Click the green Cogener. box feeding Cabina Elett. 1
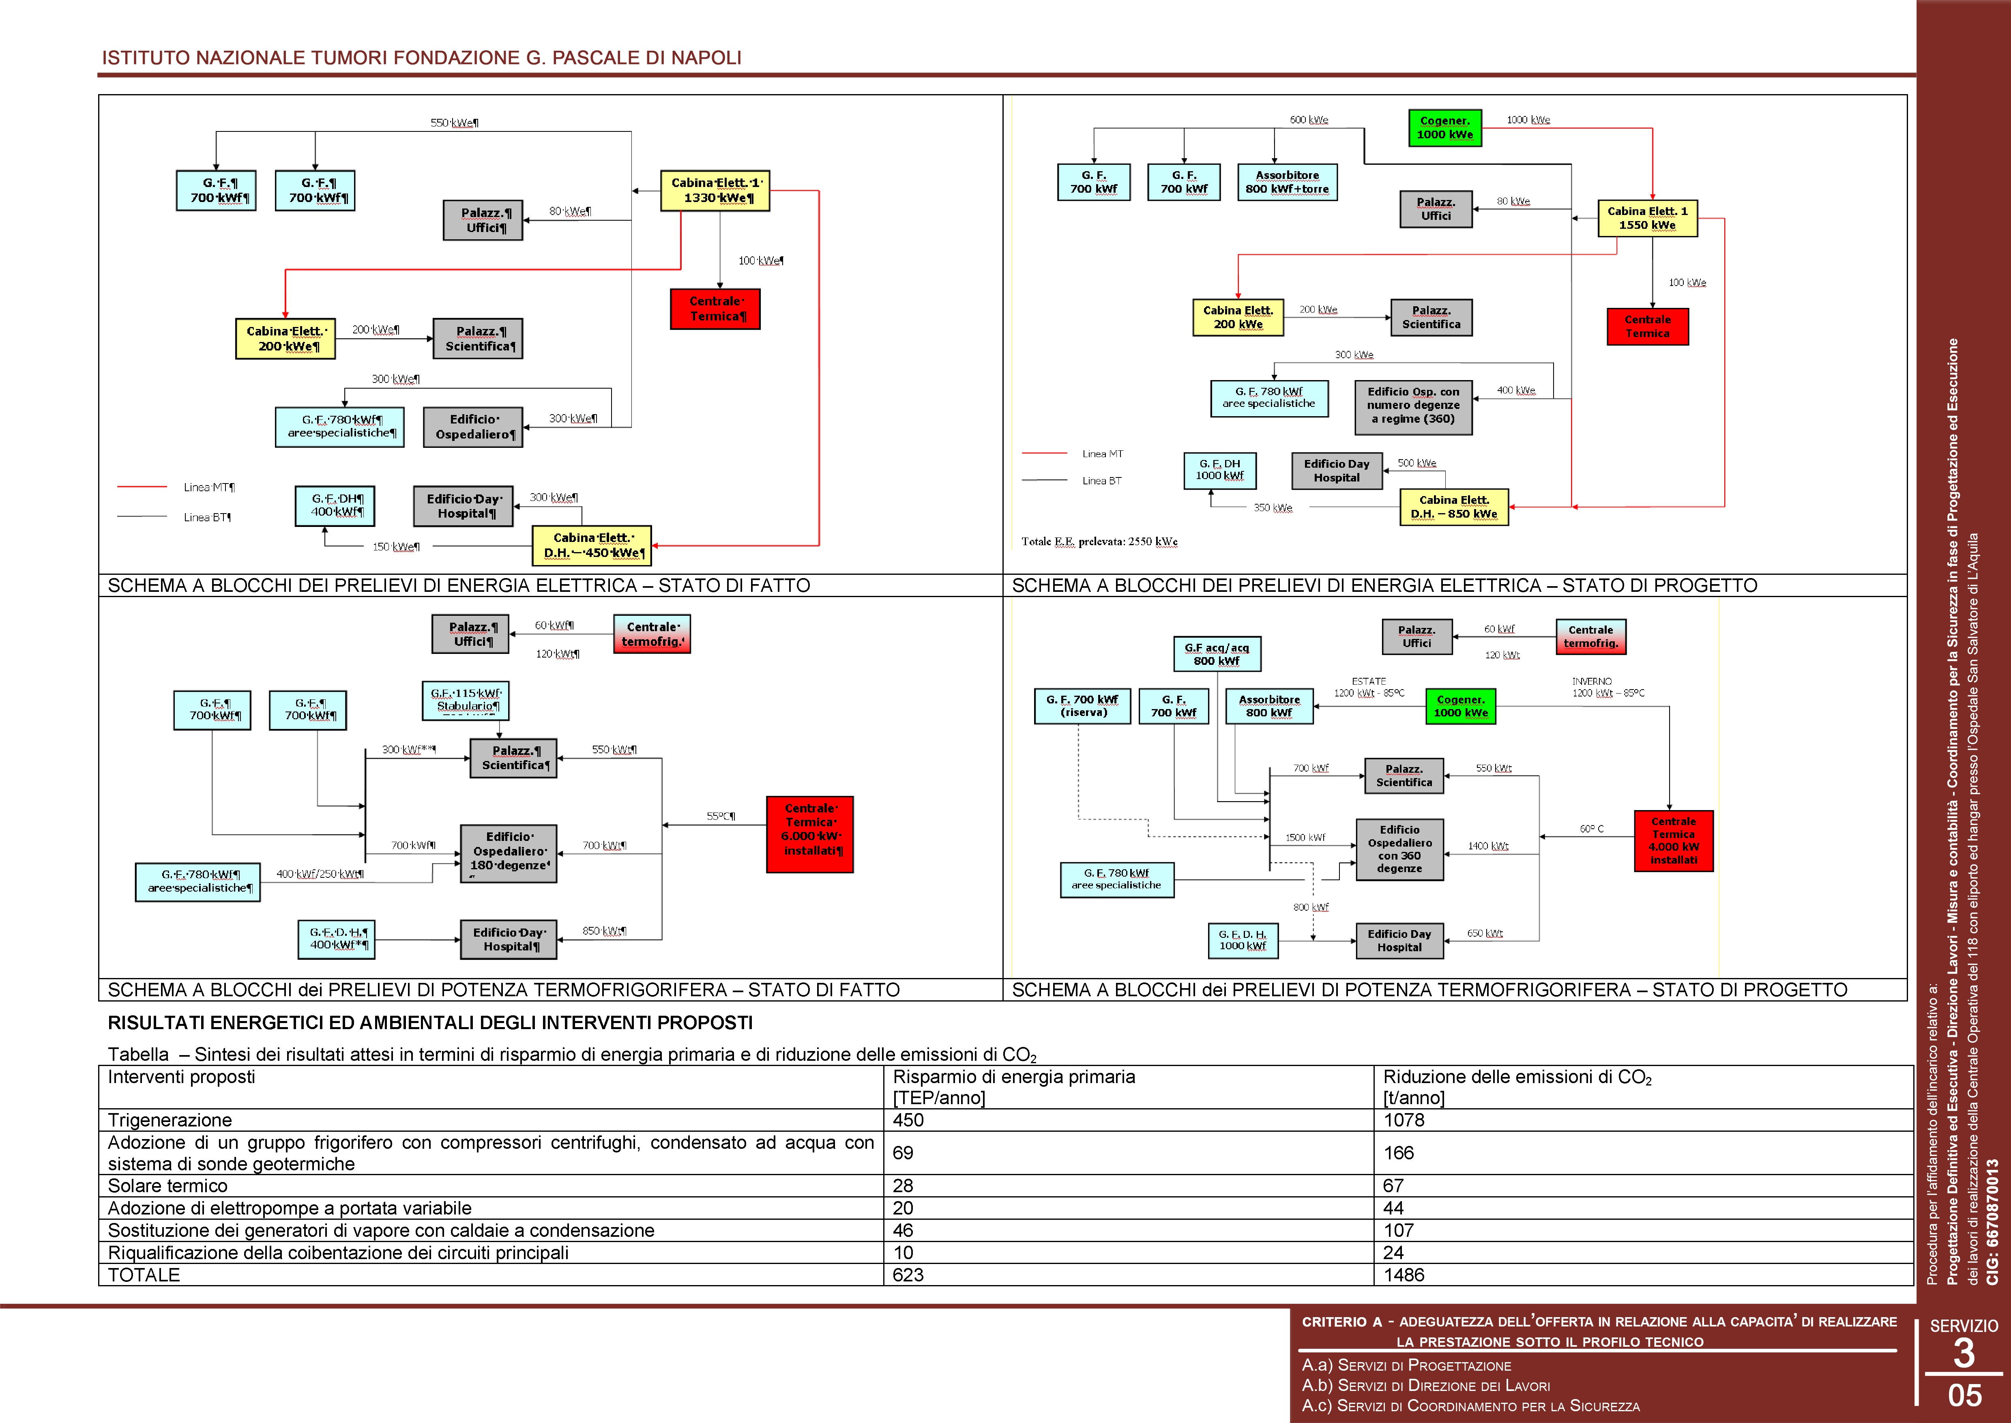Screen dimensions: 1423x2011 [1444, 127]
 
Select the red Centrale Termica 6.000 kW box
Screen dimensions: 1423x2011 [809, 834]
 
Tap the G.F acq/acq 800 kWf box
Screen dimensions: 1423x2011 [1217, 653]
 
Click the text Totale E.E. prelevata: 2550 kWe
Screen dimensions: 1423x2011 [1099, 542]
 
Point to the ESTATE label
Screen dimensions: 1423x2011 [1368, 681]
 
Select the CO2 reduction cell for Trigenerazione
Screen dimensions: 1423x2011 [1404, 1120]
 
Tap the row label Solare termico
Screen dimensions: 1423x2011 [167, 1186]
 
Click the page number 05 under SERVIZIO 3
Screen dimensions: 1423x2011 [1965, 1395]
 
